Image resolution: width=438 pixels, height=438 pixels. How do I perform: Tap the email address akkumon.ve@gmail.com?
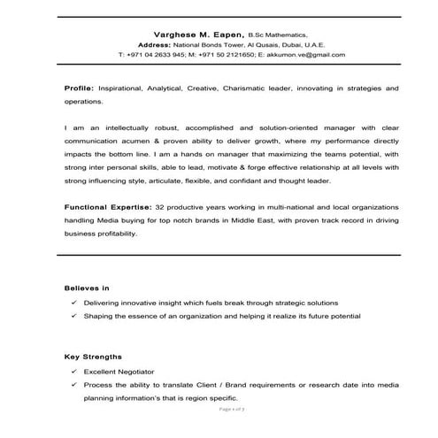click(x=301, y=54)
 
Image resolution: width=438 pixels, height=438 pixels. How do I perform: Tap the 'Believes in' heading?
click(x=87, y=288)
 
